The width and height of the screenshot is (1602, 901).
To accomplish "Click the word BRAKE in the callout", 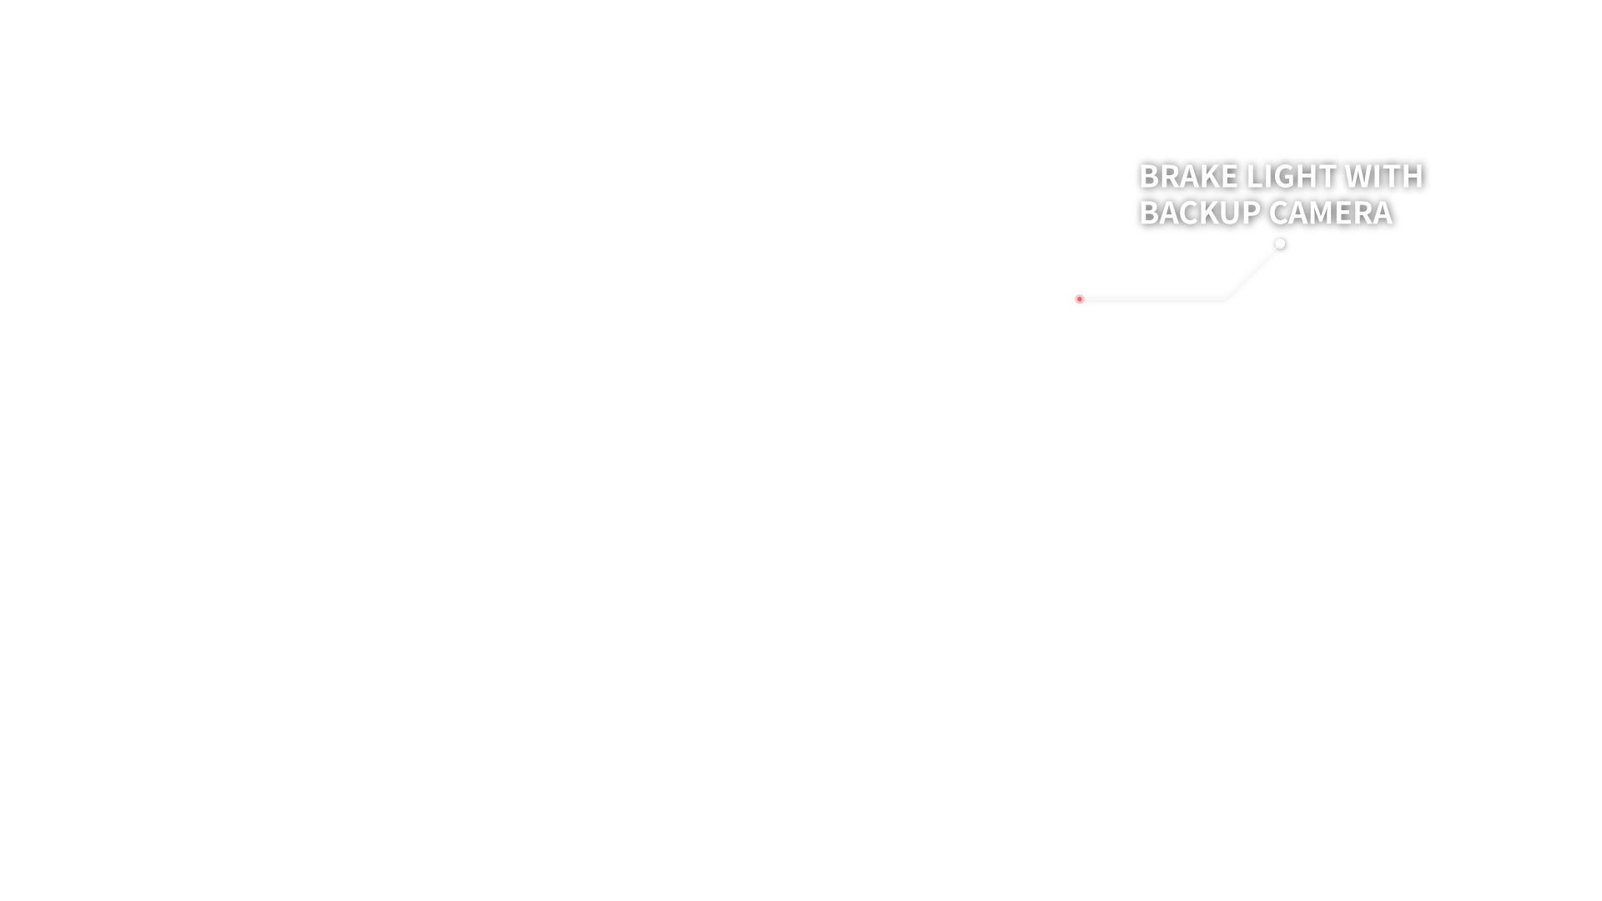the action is pyautogui.click(x=1188, y=176).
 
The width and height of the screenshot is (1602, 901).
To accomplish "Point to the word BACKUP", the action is pyautogui.click(x=1200, y=213).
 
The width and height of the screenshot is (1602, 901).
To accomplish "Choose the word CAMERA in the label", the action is pyautogui.click(x=1330, y=213).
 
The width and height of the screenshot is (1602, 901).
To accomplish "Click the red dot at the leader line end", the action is pyautogui.click(x=1079, y=299).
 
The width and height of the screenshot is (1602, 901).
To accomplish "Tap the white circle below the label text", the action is pyautogui.click(x=1280, y=244).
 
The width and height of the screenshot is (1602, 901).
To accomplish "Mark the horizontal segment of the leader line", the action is pyautogui.click(x=1151, y=299).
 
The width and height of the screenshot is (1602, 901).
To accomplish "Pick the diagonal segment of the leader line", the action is pyautogui.click(x=1252, y=271).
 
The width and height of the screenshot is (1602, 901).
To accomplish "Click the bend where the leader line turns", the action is pyautogui.click(x=1224, y=298).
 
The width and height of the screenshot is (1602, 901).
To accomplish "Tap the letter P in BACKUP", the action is pyautogui.click(x=1250, y=213).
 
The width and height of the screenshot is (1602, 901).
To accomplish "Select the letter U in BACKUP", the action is pyautogui.click(x=1228, y=213).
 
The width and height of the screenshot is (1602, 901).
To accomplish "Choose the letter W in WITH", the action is pyautogui.click(x=1359, y=176).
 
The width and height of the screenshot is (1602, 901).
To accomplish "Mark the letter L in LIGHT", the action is pyautogui.click(x=1255, y=176).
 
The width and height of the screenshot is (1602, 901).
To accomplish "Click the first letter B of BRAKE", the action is pyautogui.click(x=1150, y=176).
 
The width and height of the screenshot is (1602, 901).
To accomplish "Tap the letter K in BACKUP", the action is pyautogui.click(x=1207, y=213).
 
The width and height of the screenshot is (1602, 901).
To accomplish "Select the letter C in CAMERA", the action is pyautogui.click(x=1277, y=213).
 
